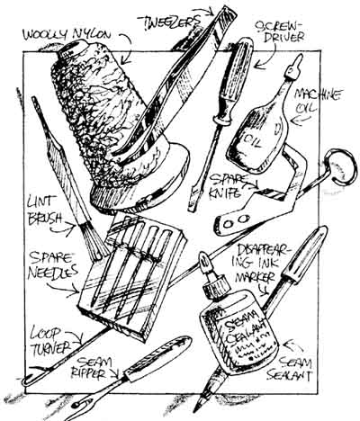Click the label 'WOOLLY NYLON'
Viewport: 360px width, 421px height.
67,33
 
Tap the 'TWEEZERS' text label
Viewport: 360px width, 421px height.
169,21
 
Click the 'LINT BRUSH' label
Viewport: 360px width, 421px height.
44,210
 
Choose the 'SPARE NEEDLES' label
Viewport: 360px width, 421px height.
51,264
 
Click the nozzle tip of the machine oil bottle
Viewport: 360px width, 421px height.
297,61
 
